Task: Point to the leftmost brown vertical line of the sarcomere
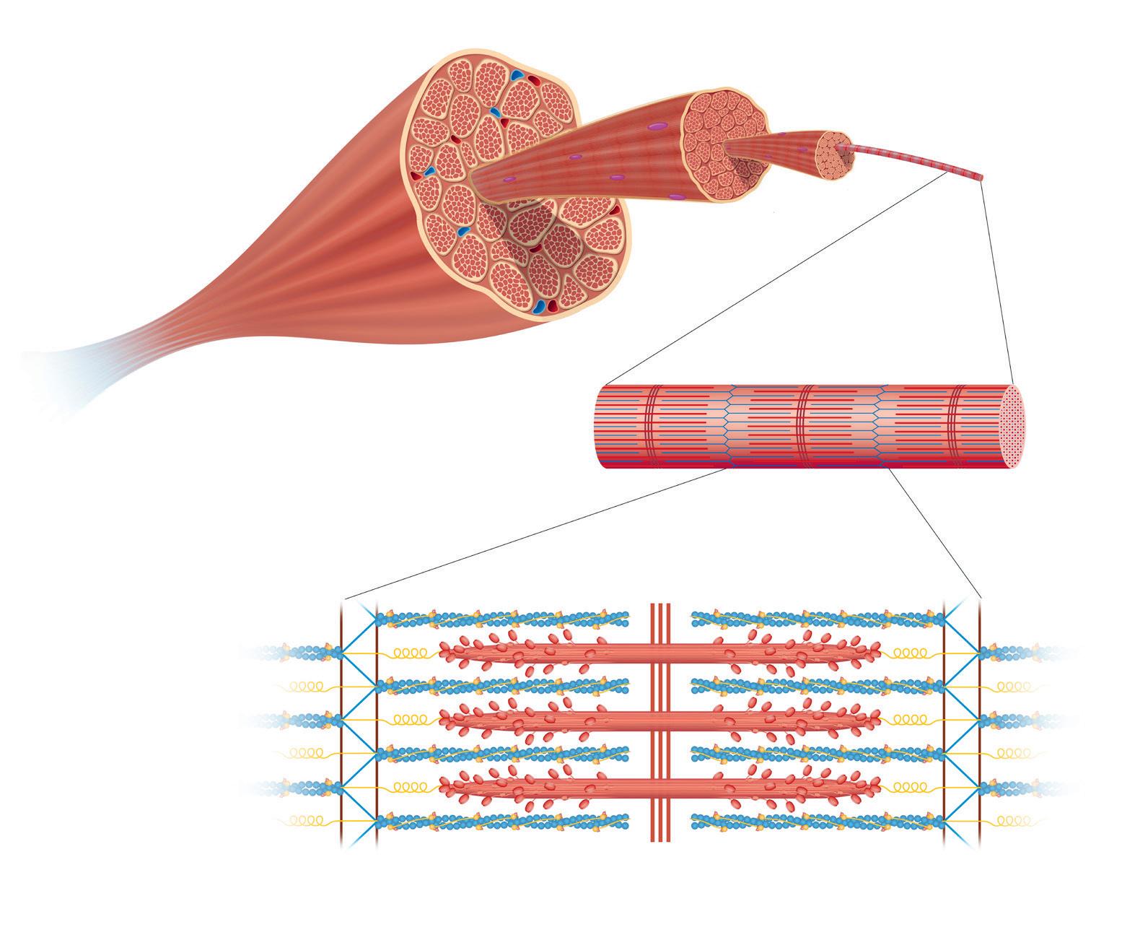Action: pos(341,722)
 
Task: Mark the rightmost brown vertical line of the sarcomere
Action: pos(979,722)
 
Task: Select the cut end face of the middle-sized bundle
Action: pos(725,142)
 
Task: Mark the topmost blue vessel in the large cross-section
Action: pos(517,75)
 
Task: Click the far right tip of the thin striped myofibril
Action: pos(980,177)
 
